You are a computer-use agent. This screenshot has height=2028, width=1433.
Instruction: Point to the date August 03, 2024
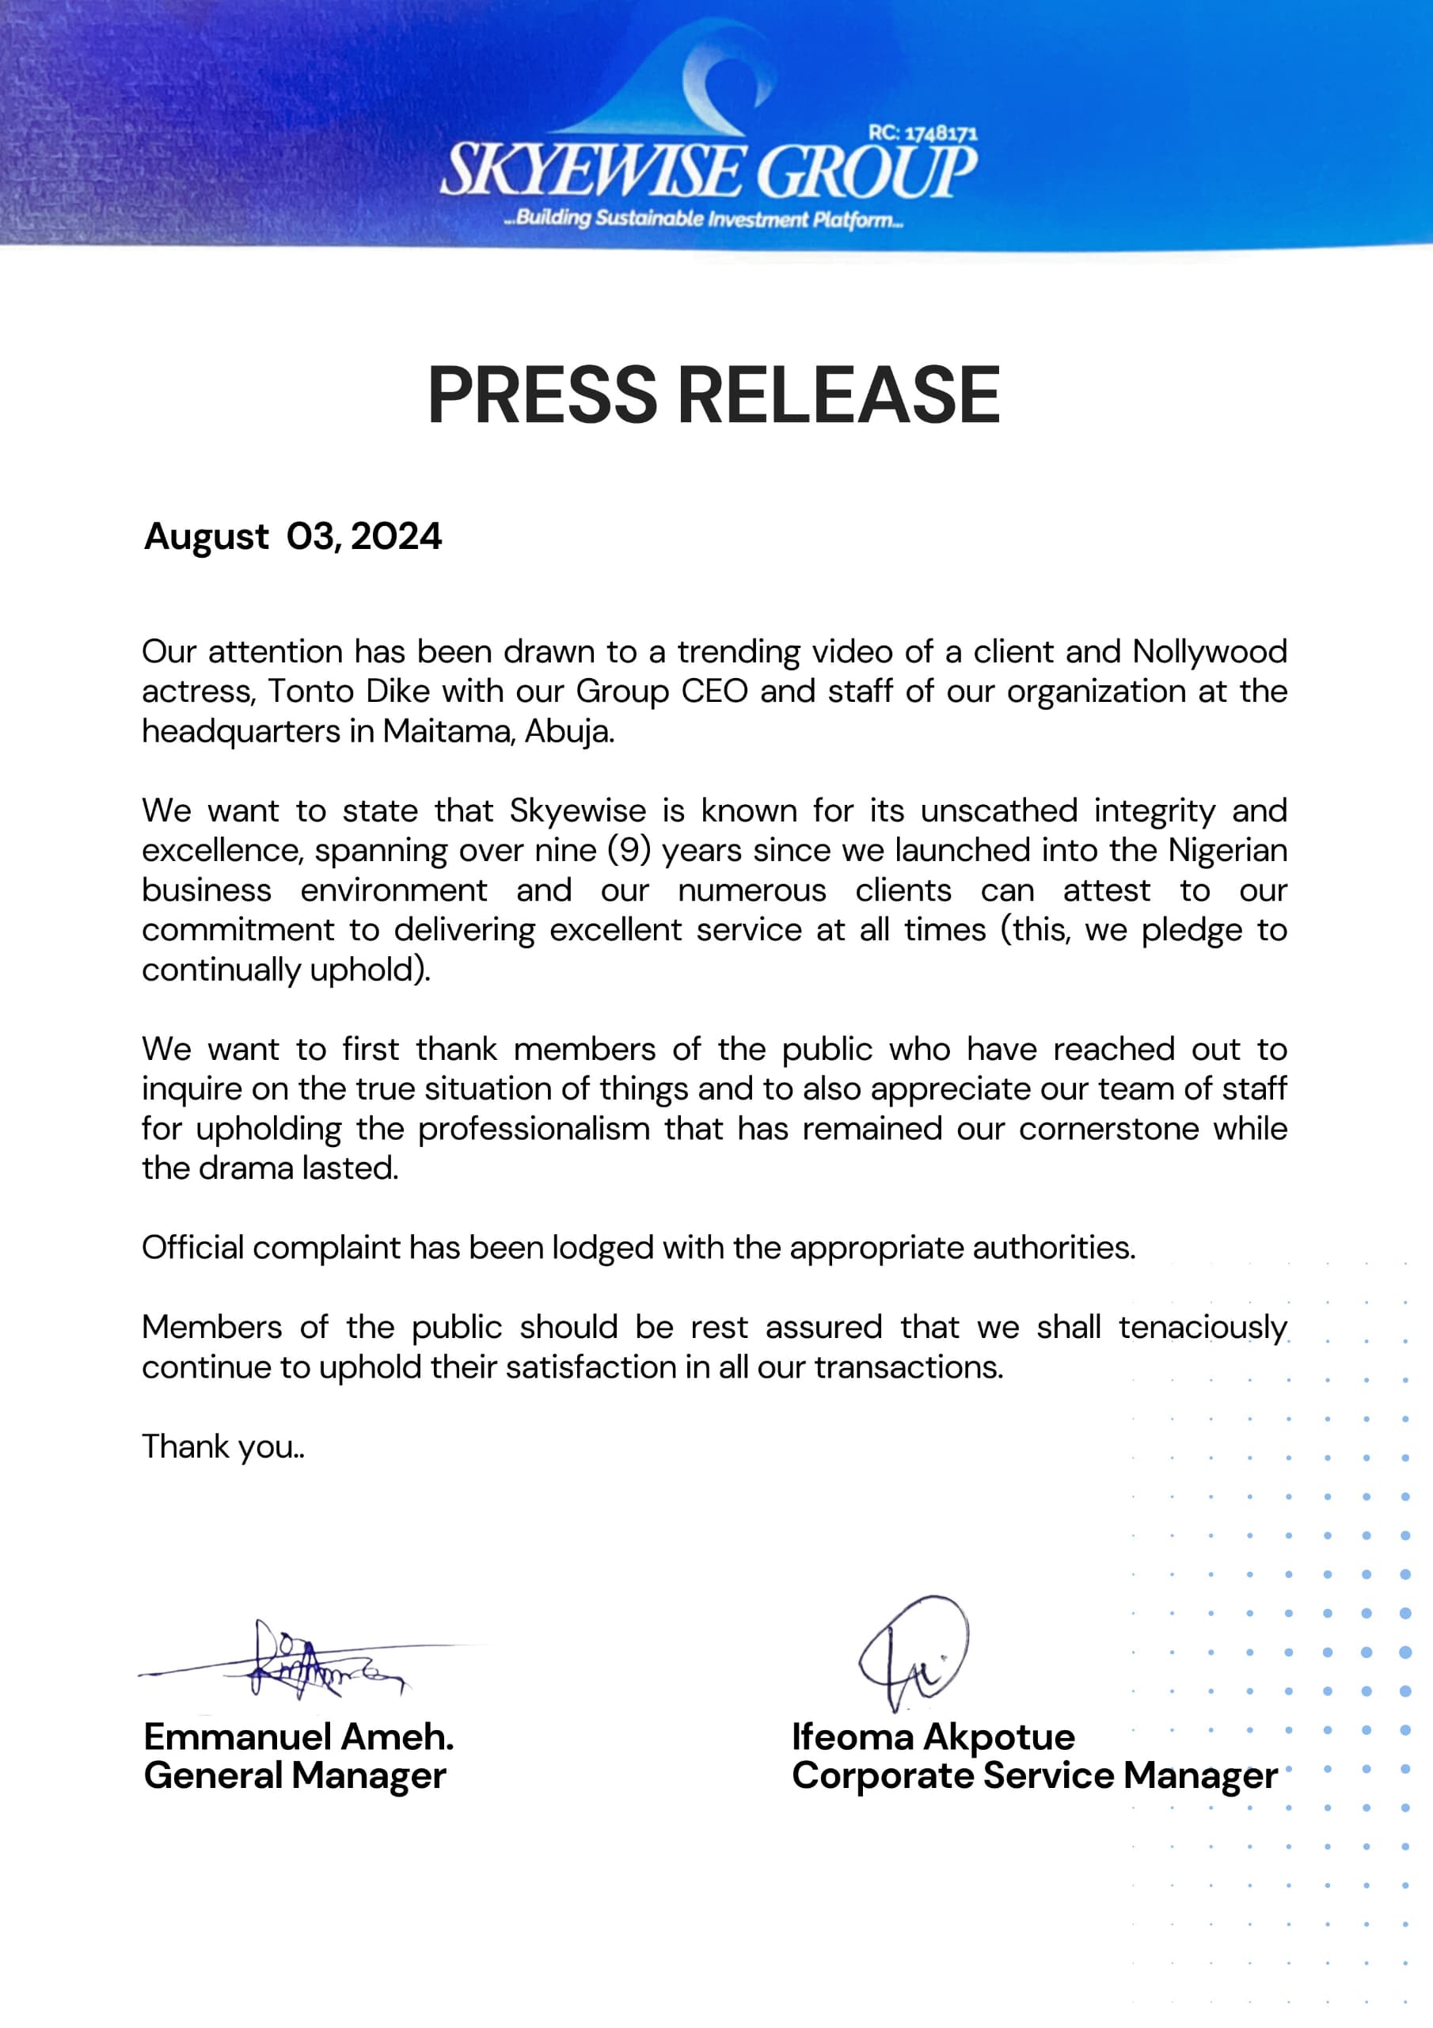point(293,536)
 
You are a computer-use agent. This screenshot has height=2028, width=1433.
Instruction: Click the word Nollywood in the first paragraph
point(1209,652)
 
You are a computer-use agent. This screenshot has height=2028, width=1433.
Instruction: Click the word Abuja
point(568,731)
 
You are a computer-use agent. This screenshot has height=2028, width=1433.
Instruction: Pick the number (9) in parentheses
point(629,851)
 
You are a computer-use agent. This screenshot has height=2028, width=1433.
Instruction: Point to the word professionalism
point(534,1129)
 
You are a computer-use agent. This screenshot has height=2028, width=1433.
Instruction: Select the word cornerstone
point(1109,1129)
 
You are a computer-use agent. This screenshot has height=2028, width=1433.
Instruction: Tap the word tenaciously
point(1203,1328)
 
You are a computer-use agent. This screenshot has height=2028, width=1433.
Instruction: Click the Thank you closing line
point(222,1447)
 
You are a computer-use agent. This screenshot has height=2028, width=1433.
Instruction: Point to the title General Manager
point(295,1775)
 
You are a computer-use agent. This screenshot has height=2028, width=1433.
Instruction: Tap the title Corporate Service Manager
point(1034,1775)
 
